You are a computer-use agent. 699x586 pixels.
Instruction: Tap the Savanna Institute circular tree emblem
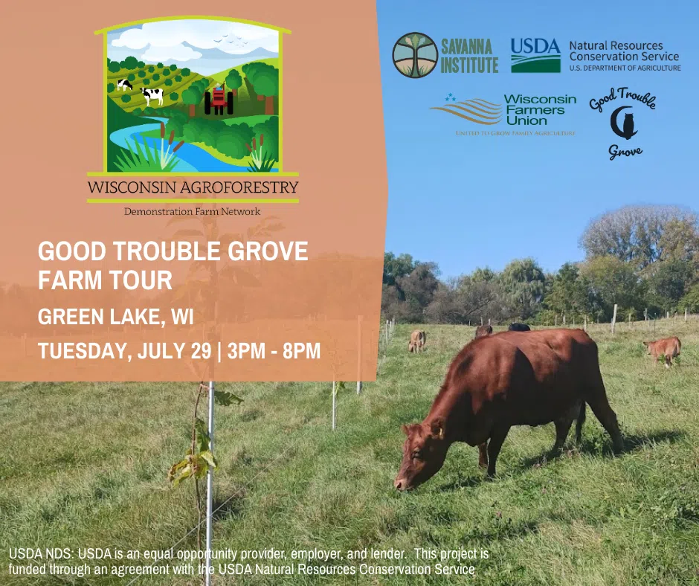tap(415, 55)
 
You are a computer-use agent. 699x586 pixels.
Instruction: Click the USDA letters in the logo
tap(535, 46)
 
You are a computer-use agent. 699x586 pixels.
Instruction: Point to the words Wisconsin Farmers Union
tap(540, 110)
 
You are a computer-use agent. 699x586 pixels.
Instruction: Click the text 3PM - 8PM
tap(274, 351)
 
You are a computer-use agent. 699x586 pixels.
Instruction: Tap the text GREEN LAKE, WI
tap(116, 317)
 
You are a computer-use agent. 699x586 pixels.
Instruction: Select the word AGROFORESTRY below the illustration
tap(239, 187)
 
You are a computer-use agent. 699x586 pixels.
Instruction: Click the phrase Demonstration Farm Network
tap(192, 211)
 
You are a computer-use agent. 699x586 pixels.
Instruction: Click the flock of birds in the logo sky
tap(231, 40)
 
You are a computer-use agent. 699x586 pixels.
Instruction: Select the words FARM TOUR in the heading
tap(105, 280)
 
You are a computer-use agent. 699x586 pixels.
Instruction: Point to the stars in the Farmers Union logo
tap(450, 97)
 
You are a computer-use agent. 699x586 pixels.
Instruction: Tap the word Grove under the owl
tap(625, 152)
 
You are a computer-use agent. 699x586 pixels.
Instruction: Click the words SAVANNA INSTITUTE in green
tap(469, 56)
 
